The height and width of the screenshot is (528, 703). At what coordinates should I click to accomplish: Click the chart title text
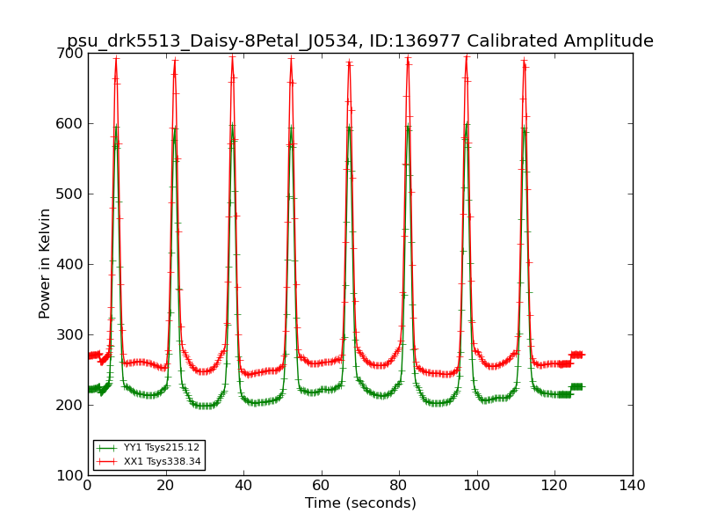coord(360,41)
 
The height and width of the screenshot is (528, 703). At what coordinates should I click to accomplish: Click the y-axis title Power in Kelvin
coord(45,263)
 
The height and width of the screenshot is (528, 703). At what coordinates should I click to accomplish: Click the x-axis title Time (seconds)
coord(360,503)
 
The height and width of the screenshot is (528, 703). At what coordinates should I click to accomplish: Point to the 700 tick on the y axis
coord(71,54)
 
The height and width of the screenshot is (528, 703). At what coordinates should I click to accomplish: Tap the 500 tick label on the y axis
coord(71,194)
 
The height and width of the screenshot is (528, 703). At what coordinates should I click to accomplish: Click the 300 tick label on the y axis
coord(71,335)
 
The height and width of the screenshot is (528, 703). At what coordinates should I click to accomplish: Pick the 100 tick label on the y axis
coord(71,476)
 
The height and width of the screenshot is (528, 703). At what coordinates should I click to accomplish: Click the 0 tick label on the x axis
coord(87,485)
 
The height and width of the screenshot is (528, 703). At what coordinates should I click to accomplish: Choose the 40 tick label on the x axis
coord(243,485)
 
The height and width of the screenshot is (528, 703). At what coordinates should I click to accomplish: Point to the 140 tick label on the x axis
coord(633,485)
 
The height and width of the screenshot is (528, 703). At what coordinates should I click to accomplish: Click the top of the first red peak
coord(115,59)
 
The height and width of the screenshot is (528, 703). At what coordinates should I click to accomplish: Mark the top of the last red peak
coord(524,61)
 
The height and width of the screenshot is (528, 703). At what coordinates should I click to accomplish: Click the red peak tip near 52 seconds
coord(291,59)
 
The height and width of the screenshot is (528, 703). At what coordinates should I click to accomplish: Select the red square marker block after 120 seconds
coord(576,355)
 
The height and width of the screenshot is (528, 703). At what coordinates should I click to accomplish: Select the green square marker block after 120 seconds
coord(576,386)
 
